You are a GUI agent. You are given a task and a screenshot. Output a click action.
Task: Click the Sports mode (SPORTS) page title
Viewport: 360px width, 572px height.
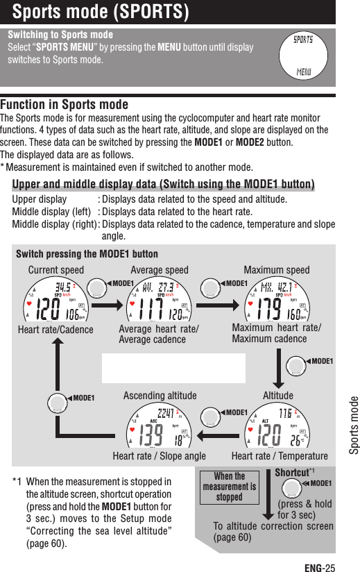101,12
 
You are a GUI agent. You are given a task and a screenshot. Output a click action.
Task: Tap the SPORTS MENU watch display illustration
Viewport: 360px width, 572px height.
303,55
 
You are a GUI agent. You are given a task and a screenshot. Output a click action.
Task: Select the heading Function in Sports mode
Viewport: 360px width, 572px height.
65,105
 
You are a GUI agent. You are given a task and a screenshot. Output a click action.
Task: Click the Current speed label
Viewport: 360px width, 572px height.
55,270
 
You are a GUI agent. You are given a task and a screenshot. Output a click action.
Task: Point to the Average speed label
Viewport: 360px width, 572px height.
160,270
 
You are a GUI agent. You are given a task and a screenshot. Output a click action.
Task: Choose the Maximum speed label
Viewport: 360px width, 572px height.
277,270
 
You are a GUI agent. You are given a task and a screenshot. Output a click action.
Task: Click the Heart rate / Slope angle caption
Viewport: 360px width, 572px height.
159,456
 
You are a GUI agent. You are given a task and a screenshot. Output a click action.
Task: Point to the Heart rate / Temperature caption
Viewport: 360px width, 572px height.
280,456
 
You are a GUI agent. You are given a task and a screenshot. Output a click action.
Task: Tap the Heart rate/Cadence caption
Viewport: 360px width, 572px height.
55,330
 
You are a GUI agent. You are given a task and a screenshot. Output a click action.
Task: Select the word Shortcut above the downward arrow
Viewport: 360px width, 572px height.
291,473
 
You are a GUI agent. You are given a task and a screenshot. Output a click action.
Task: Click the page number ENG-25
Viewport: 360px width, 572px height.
320,567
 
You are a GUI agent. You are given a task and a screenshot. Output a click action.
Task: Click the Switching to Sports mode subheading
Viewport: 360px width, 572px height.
60,35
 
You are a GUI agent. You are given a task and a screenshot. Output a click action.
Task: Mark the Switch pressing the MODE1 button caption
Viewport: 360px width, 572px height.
87,254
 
